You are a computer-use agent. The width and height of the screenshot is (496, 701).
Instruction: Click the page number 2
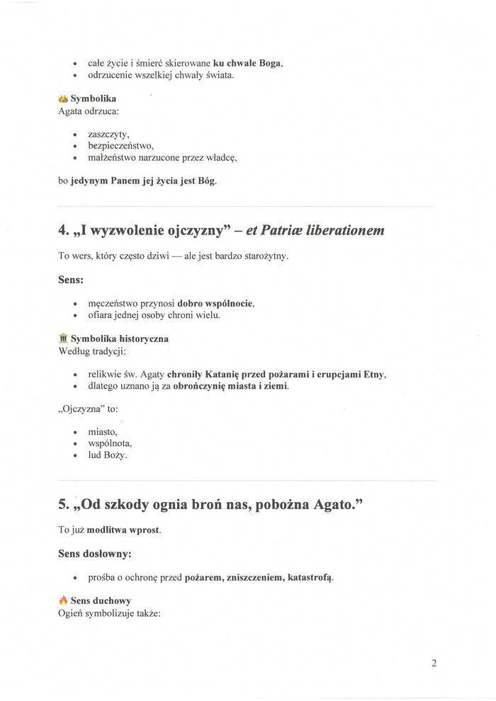434,663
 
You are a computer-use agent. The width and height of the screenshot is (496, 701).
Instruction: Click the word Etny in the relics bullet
374,374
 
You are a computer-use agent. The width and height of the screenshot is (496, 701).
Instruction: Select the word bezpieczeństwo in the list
116,146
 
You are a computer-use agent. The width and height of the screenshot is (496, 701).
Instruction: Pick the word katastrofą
310,577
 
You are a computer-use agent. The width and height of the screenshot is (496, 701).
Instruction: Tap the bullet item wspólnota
110,443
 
